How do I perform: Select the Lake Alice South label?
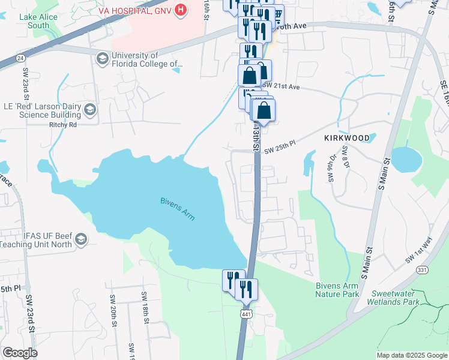[38, 21]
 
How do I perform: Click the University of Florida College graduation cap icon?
[102, 58]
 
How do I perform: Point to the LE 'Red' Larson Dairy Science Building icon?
[89, 109]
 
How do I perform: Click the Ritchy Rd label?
[63, 125]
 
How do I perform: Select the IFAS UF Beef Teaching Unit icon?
[81, 240]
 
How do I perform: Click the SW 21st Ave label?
[281, 86]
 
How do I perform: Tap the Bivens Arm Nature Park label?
[337, 290]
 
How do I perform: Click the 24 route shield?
[21, 58]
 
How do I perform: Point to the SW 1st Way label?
[418, 250]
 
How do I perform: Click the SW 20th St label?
[113, 311]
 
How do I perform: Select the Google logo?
[19, 352]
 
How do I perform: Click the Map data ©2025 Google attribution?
[412, 355]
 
